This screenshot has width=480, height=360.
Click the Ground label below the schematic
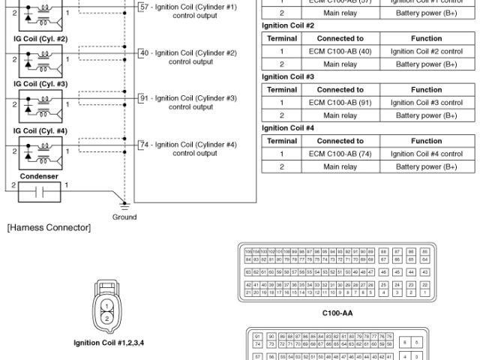[x=125, y=217]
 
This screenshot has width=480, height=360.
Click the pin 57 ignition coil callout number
[x=145, y=7]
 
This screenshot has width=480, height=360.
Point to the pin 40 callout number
[x=144, y=52]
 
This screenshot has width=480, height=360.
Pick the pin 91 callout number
[x=144, y=97]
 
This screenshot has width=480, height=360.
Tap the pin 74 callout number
[x=144, y=144]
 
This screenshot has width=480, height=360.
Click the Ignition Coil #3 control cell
[x=426, y=102]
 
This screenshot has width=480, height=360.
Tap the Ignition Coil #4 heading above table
[x=287, y=127]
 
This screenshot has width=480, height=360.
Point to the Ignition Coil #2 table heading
[x=287, y=25]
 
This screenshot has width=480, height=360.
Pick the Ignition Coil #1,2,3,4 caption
[x=109, y=343]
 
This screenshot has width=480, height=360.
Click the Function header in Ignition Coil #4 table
[x=426, y=141]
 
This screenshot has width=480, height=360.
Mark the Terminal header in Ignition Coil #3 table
[x=282, y=89]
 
